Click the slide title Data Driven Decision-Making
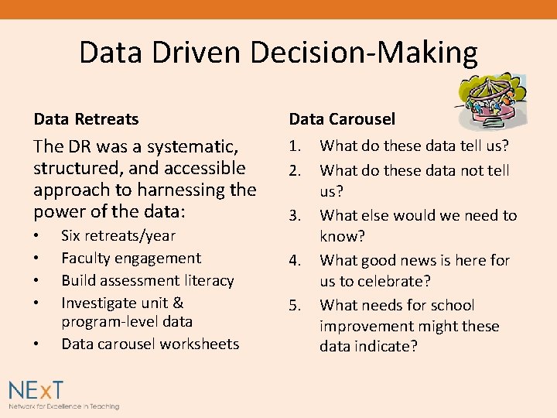tap(278, 53)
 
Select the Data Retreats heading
tap(86, 119)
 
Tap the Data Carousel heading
tap(342, 119)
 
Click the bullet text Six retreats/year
tap(118, 236)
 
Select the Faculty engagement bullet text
tap(131, 259)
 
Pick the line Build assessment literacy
tap(147, 280)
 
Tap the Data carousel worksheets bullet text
tap(150, 344)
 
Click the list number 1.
tap(296, 146)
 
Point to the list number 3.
tap(296, 216)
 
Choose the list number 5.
tap(296, 306)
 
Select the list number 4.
tap(296, 261)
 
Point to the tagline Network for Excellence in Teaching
tap(64, 406)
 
